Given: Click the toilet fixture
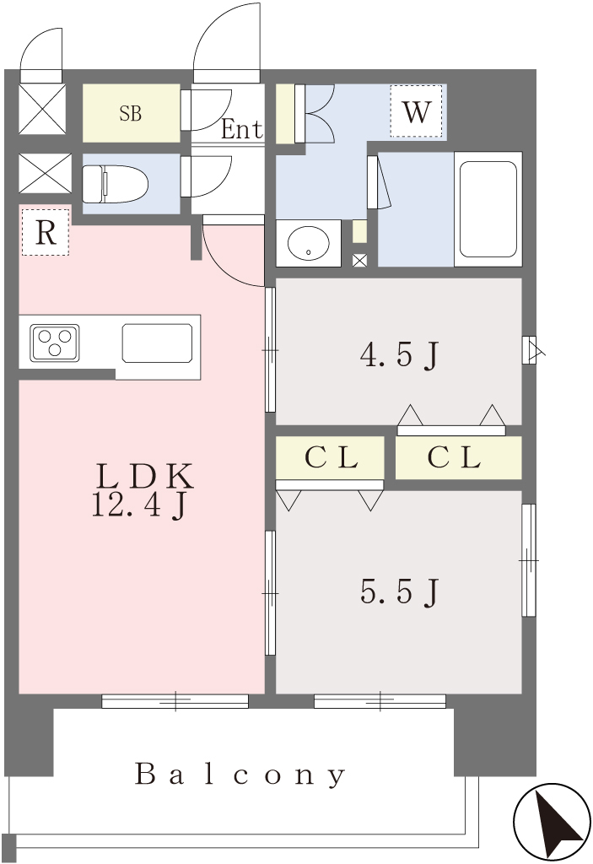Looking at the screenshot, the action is [x=115, y=182].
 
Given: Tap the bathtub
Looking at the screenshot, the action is [x=488, y=209].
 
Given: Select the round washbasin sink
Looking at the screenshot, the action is [x=309, y=243].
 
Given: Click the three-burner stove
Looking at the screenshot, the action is [x=54, y=343].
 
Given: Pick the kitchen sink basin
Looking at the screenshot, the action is [x=158, y=343].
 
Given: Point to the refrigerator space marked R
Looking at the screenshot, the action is [x=46, y=233].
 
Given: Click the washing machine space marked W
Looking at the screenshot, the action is [x=416, y=111].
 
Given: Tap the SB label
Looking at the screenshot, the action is [x=131, y=114].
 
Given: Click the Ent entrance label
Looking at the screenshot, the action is [x=241, y=129].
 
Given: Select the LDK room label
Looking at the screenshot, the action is [x=144, y=477].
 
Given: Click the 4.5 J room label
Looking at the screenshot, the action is [x=400, y=355].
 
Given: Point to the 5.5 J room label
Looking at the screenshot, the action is [x=400, y=592].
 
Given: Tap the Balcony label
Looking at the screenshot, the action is [x=240, y=775].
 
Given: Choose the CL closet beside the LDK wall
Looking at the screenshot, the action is [x=330, y=458].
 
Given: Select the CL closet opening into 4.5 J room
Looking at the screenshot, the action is [x=459, y=458].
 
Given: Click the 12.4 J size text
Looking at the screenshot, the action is [x=141, y=505].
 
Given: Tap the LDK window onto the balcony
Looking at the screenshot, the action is [x=175, y=701].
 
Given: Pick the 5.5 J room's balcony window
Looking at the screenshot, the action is [x=380, y=701].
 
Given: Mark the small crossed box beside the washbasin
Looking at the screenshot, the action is [x=359, y=260].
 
